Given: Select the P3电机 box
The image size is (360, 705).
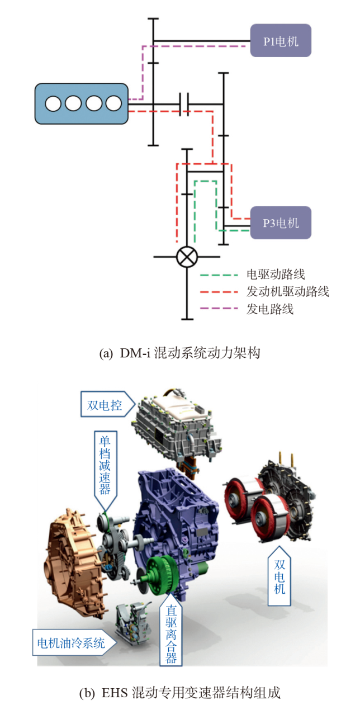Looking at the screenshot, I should click(x=280, y=223).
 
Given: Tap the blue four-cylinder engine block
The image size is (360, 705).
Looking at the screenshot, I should click(x=82, y=103).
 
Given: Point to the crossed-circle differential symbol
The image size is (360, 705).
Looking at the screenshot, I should click(x=187, y=257).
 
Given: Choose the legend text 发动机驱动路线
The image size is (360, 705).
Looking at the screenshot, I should click(x=287, y=291).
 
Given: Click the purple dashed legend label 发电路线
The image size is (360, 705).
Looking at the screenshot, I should click(x=269, y=309).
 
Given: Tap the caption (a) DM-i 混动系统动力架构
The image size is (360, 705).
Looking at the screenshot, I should click(x=179, y=353).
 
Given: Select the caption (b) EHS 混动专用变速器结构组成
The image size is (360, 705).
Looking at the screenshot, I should click(x=179, y=693).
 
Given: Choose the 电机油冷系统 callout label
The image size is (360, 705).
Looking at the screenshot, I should click(x=71, y=642).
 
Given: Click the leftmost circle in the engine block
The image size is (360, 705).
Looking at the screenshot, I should click(x=53, y=103).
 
